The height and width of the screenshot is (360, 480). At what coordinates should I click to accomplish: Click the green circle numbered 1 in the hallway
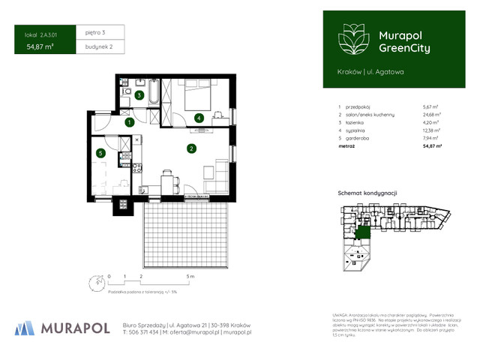coord(129,121)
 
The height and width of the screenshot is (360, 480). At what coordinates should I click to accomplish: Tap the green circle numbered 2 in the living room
coord(192,148)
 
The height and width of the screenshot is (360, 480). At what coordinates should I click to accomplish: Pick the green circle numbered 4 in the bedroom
coord(198,118)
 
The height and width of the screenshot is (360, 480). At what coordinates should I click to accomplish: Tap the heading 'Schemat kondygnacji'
coord(366,193)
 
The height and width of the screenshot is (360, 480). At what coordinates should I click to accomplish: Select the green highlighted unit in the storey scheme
coord(364,233)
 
